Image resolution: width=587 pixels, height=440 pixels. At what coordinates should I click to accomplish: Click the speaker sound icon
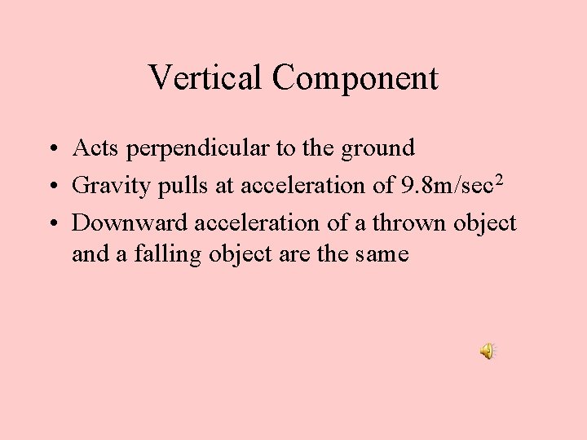coord(487,351)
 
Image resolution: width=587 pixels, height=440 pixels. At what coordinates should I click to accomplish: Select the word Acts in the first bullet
coord(92,148)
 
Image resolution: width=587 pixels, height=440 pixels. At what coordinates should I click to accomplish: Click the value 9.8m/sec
coord(446,186)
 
